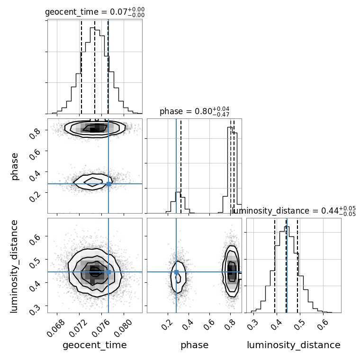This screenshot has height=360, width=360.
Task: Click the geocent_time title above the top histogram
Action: (x=94, y=12)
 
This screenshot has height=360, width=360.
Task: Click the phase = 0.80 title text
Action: (x=194, y=111)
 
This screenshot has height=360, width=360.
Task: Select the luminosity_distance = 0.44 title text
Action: (x=294, y=211)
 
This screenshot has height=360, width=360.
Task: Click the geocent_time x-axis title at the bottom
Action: (x=94, y=345)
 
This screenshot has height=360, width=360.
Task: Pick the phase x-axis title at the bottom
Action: (x=194, y=345)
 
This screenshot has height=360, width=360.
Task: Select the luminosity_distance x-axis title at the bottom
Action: (x=294, y=345)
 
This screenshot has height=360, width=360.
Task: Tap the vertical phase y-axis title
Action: (x=15, y=166)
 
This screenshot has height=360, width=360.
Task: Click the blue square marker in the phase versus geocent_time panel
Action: (x=108, y=184)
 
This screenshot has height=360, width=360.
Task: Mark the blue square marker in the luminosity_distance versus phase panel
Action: (x=176, y=272)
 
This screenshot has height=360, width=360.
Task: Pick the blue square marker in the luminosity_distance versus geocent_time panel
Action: (x=108, y=272)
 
